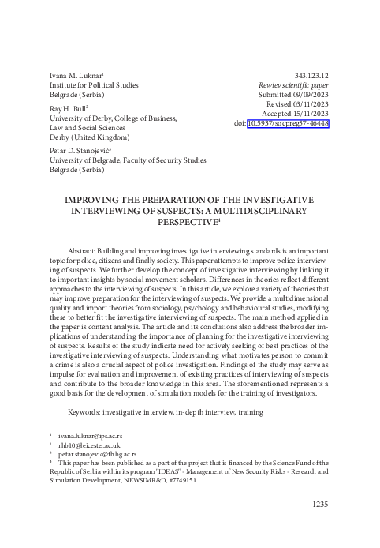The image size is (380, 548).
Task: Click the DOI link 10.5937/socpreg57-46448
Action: [x=288, y=124]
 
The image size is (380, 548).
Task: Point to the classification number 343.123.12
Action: [x=307, y=73]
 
